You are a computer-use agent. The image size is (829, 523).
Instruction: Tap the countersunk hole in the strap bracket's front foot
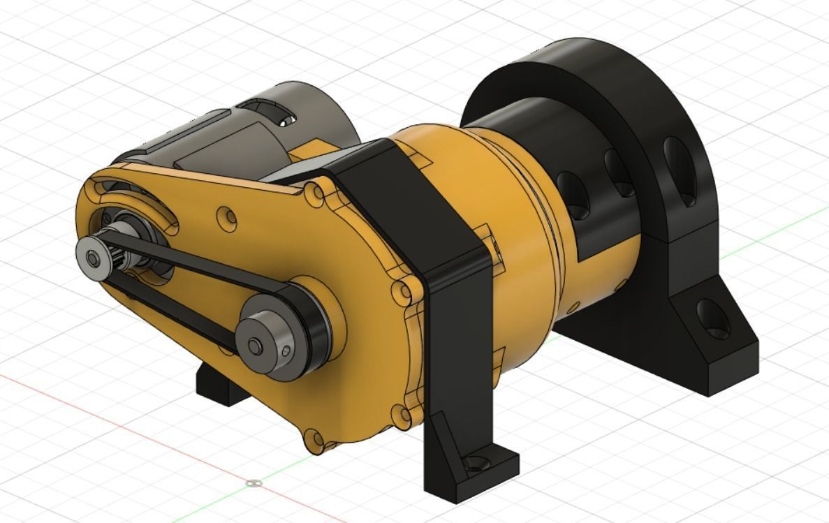(x=477, y=462)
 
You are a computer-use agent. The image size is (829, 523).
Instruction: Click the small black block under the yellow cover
(x=220, y=388)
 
